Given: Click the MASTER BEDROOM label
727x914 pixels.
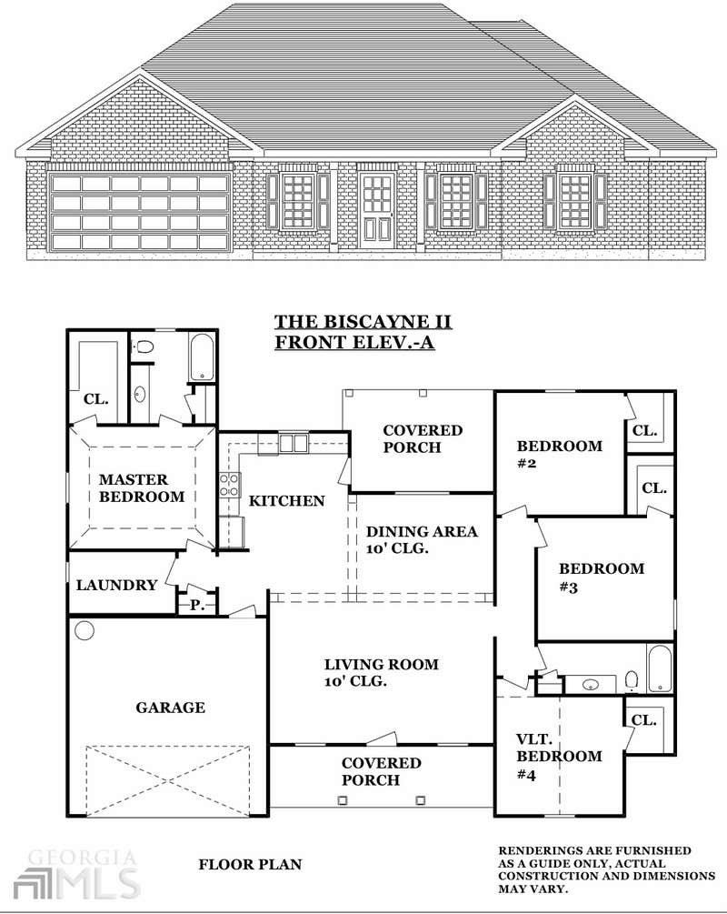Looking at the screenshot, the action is tap(142, 487).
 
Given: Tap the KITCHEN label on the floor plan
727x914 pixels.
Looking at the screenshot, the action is tap(286, 501).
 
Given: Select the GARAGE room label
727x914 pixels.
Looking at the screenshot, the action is tap(170, 708).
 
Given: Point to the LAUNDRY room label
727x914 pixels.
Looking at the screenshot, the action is tap(116, 586).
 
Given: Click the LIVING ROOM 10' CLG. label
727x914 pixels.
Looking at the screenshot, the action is tap(381, 673).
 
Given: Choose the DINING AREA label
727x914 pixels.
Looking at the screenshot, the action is tap(422, 540).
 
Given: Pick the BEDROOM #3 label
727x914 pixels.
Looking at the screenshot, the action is tap(602, 578).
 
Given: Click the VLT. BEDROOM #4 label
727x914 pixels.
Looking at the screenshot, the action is tap(559, 757).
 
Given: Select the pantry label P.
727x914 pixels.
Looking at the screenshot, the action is tap(197, 606).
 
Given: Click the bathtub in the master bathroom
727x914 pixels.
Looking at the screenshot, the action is tap(202, 357).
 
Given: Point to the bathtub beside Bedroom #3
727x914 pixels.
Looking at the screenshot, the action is tap(660, 668).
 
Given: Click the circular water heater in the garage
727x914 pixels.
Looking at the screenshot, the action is tap(85, 631).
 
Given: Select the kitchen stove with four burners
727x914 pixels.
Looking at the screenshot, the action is tap(230, 486).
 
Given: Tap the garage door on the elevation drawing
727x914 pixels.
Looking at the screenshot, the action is tap(140, 212).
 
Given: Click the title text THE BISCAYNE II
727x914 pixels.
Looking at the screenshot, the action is tap(363, 322).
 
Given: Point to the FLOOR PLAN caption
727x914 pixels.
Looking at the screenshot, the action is tap(250, 865).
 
